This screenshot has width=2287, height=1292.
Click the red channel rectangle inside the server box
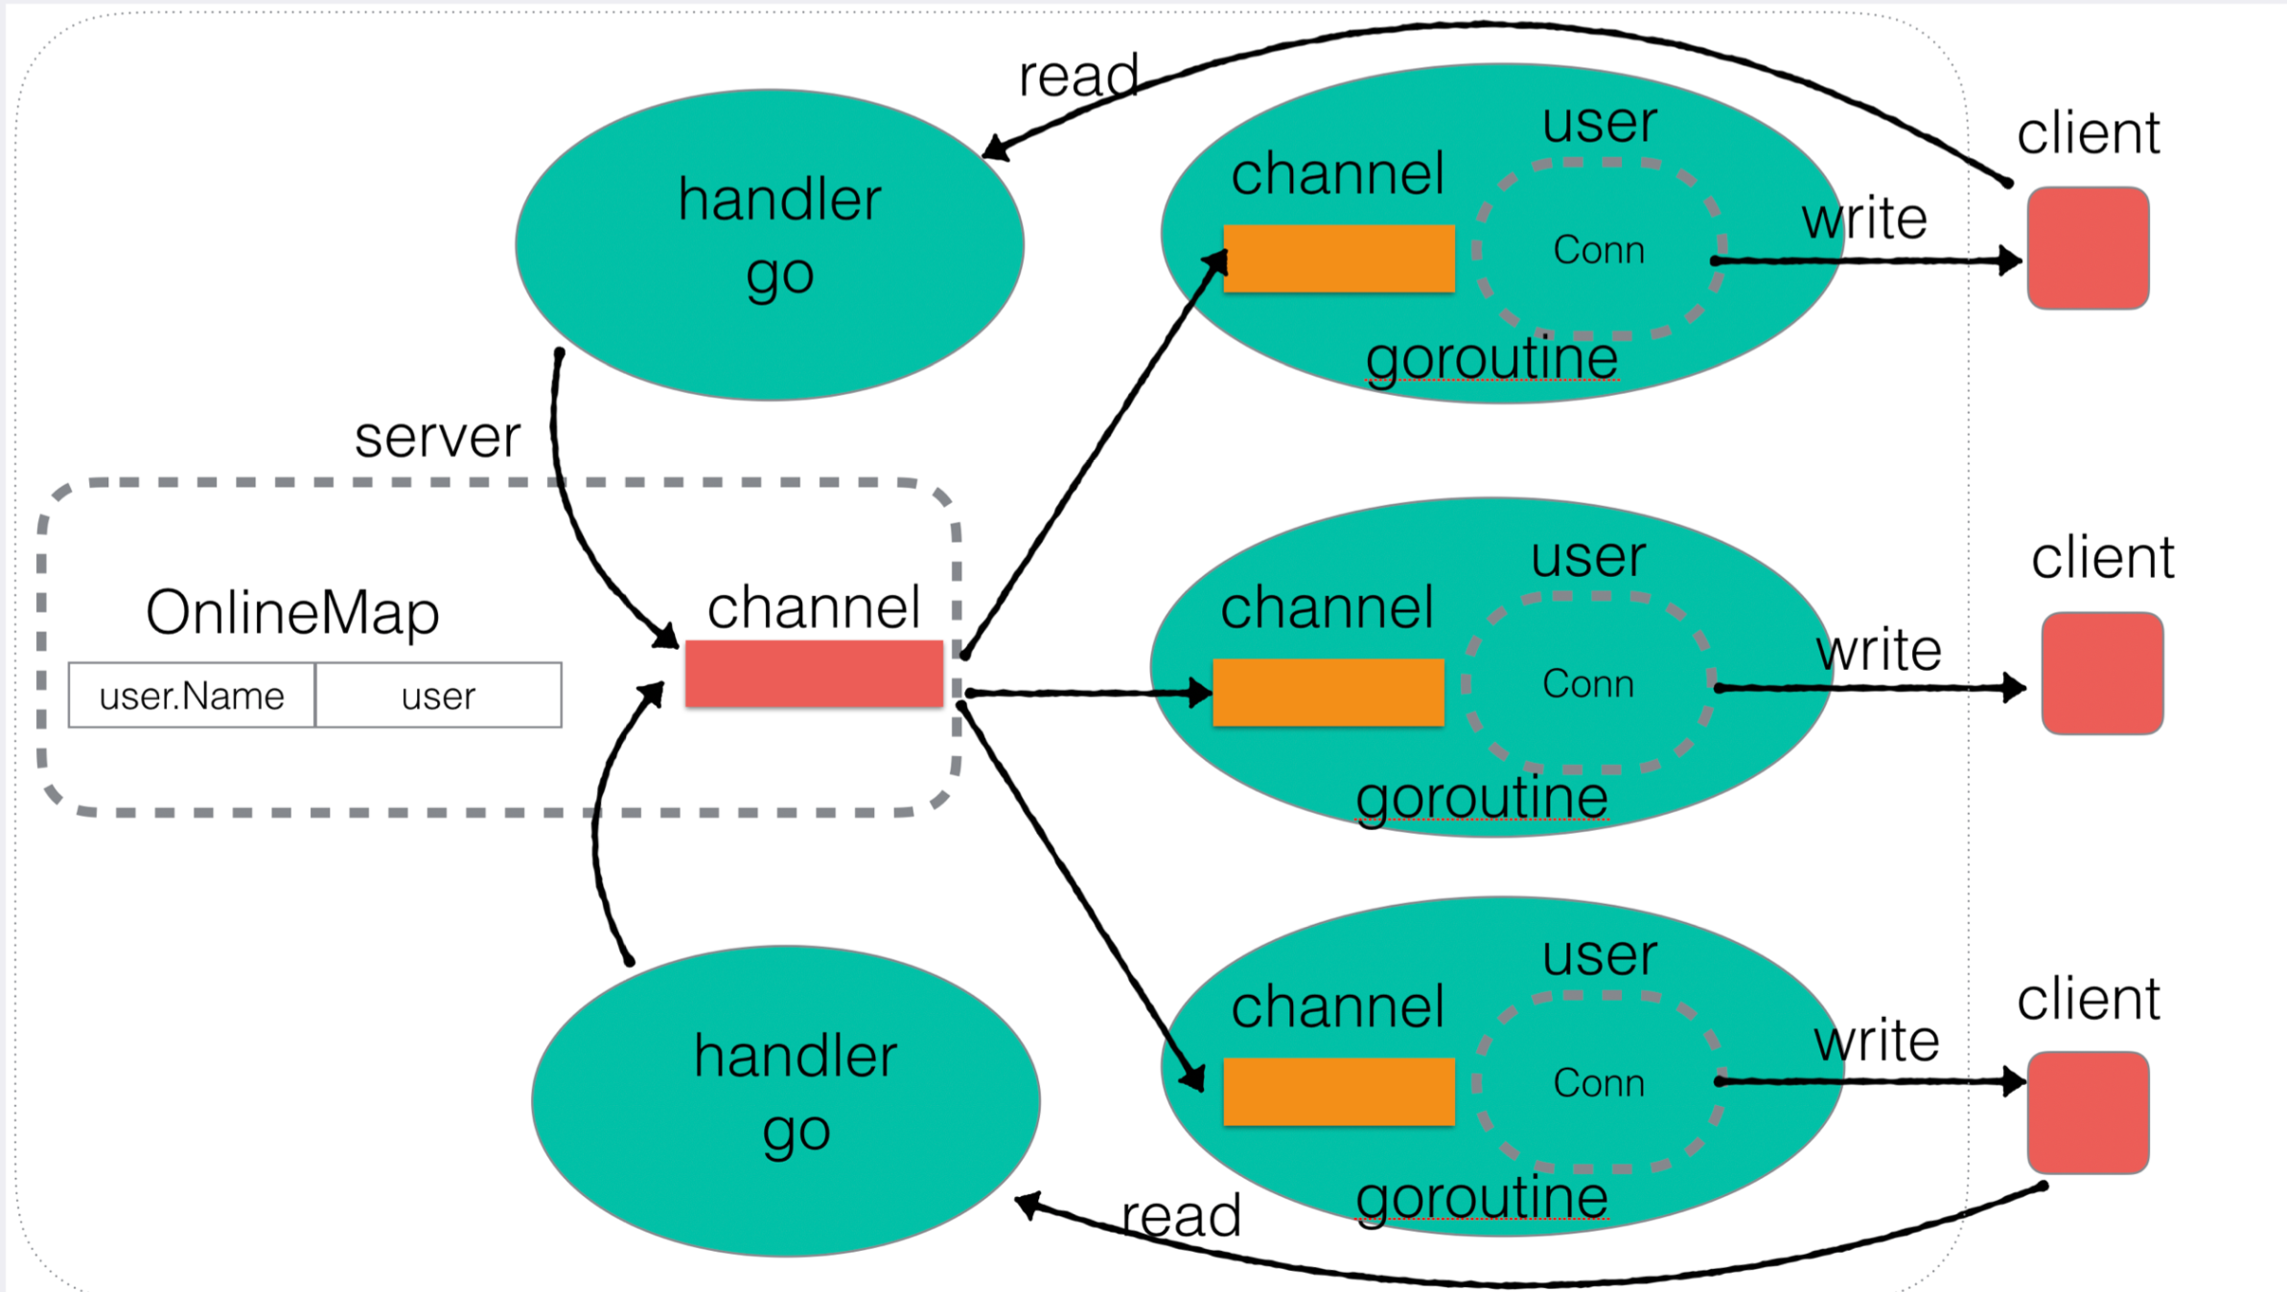click(814, 674)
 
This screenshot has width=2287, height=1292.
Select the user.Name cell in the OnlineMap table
click(192, 695)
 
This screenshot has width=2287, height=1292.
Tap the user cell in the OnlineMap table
click(438, 695)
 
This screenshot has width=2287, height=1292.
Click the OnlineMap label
click(292, 612)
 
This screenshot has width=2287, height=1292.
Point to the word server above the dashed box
click(437, 437)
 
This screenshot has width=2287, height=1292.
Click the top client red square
click(2088, 248)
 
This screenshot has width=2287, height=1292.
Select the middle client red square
click(2102, 673)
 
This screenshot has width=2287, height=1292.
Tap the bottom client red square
click(2088, 1112)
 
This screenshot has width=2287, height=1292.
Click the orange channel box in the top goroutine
click(1338, 258)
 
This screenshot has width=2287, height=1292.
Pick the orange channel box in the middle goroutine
click(1328, 692)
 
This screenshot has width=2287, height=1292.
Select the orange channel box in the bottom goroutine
click(1338, 1091)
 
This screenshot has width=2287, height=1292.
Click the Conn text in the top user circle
click(1598, 250)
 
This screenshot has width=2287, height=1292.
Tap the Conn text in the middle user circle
click(1587, 684)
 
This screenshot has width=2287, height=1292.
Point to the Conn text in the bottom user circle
click(1598, 1083)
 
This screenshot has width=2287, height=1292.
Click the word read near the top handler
click(1078, 77)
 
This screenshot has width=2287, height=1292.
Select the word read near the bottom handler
click(1181, 1216)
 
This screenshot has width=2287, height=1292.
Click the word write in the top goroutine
click(1864, 219)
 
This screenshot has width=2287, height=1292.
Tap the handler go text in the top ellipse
click(779, 237)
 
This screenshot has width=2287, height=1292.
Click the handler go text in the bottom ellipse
click(796, 1094)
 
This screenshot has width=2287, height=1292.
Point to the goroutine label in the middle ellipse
click(1482, 798)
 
